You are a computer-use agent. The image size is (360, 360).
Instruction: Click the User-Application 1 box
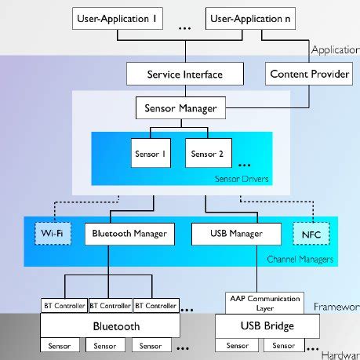tap(115, 16)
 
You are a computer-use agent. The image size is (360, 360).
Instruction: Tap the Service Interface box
tap(185, 75)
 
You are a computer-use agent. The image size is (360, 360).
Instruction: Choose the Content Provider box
tap(299, 75)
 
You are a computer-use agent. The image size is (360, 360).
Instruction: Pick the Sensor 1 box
tap(151, 154)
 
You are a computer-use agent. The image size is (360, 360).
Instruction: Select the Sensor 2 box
tap(204, 154)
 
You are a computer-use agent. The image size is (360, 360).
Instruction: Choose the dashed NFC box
tap(311, 233)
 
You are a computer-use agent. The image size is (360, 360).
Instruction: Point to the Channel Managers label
tap(300, 259)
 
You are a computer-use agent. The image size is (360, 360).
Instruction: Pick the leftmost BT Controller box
tap(64, 305)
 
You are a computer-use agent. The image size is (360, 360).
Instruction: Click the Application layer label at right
tap(335, 49)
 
